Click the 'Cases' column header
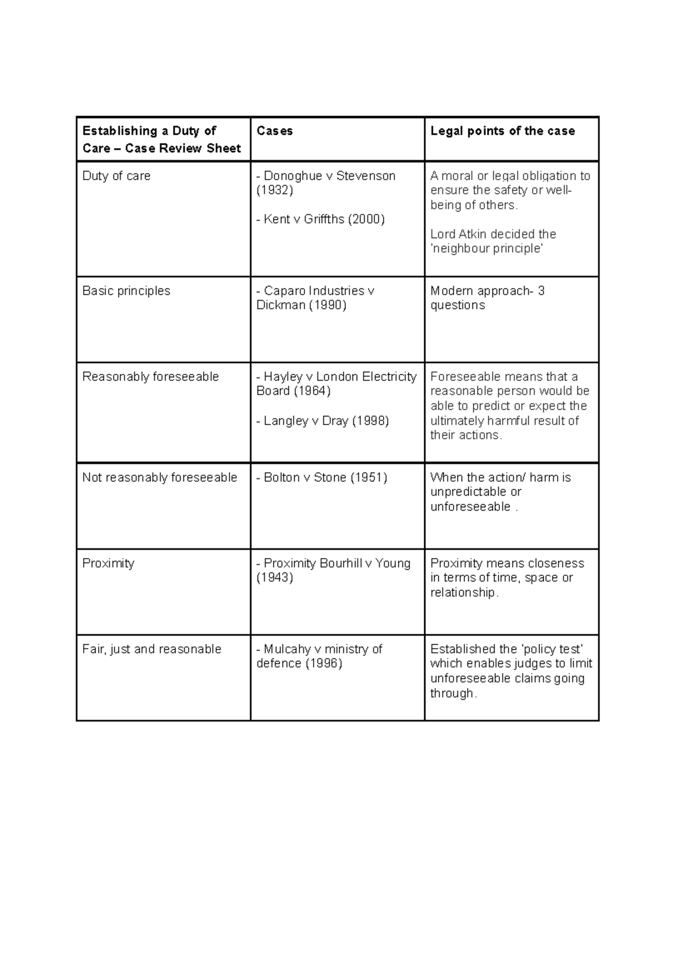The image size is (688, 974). [x=275, y=131]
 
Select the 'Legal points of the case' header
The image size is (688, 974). [x=502, y=131]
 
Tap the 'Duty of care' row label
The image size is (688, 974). [x=116, y=176]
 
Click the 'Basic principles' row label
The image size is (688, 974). [x=126, y=291]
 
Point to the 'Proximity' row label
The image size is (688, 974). [x=108, y=563]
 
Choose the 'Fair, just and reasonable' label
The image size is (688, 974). [x=151, y=649]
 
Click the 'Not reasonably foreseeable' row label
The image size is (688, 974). [x=159, y=477]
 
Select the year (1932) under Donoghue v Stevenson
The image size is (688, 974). [x=275, y=190]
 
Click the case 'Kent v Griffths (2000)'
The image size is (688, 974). [x=320, y=219]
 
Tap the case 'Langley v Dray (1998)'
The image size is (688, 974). [x=323, y=421]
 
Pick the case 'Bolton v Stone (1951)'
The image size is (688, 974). [x=322, y=477]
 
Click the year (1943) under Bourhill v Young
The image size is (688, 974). [x=275, y=578]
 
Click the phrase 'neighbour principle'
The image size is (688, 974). [x=486, y=248]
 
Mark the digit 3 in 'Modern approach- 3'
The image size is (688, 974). [x=541, y=291]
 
